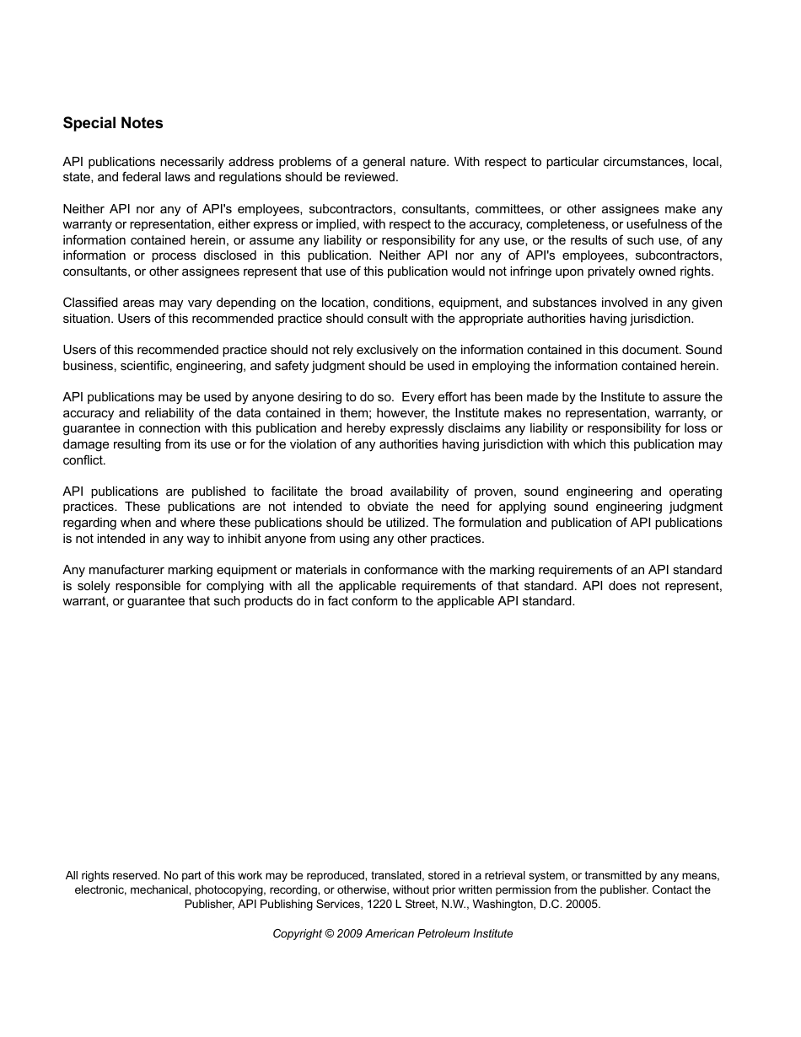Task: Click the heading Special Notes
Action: (113, 123)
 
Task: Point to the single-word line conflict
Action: (84, 460)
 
